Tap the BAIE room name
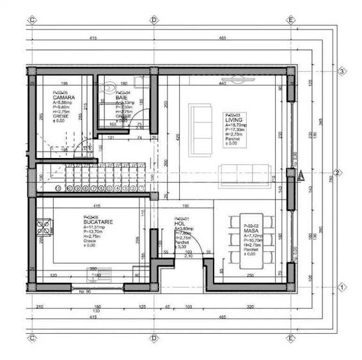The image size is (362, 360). (122, 97)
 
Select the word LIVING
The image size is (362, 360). (232, 120)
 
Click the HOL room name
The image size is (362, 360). (180, 223)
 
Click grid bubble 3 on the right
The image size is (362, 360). (342, 71)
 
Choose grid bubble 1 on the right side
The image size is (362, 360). (342, 287)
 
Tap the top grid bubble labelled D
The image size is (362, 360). (153, 20)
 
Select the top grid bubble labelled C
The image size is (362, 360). (31, 20)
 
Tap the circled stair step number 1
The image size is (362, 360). (59, 189)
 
